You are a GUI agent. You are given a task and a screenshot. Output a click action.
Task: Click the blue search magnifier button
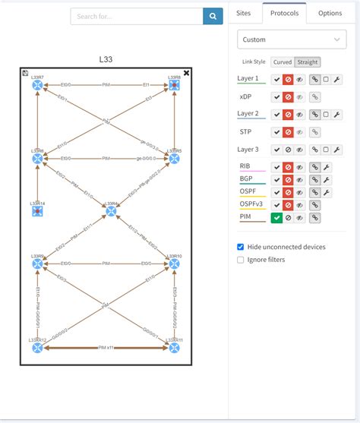coord(213,16)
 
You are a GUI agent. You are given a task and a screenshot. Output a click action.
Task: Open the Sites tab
coord(243,13)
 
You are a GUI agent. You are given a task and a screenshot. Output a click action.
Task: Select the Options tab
coord(330,13)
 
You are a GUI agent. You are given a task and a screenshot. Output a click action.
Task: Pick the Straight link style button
coord(307,62)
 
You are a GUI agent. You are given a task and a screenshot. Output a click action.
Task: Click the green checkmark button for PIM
coord(276,218)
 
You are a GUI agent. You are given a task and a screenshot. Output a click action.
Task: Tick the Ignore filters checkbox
coord(241,260)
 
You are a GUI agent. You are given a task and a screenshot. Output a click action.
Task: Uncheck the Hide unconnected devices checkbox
coord(241,247)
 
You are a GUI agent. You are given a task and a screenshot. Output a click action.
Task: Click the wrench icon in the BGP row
coord(327,180)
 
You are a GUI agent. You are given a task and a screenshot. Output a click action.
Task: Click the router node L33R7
coord(37,86)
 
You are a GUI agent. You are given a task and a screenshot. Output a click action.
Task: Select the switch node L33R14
coord(37,211)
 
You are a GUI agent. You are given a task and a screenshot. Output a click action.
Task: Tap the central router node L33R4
coord(111,210)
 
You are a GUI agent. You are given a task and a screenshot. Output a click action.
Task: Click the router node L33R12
coord(37,348)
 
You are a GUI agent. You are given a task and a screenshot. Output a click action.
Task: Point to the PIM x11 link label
coord(106,348)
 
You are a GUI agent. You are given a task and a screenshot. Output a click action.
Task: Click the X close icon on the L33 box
coord(187,73)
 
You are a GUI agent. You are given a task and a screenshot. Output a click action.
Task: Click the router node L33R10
coord(175,264)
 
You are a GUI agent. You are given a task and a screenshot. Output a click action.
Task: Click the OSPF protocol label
coord(248,191)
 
